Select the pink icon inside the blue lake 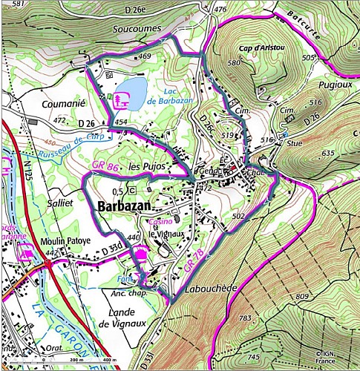(123, 98)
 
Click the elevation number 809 (302, 296)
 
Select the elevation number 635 (327, 153)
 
